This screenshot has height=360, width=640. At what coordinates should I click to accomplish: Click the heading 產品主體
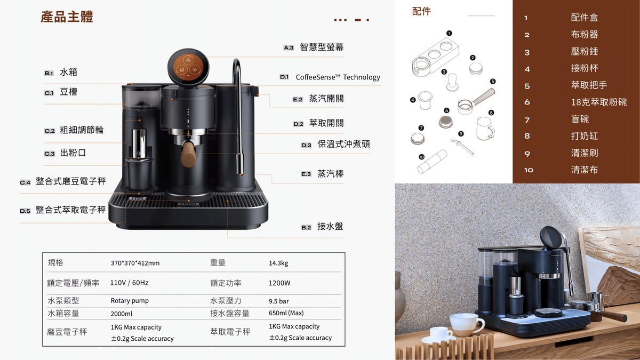[x=67, y=17]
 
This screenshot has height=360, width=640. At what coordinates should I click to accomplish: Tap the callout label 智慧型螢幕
[x=322, y=47]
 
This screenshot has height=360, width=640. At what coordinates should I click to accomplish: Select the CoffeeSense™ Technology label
[x=338, y=77]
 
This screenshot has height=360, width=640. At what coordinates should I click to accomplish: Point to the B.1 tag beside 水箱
[x=49, y=73]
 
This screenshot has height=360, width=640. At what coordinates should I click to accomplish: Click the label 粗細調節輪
[x=82, y=130]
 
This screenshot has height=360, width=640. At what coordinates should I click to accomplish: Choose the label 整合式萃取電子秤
[x=70, y=210]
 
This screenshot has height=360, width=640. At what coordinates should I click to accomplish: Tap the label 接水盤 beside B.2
[x=330, y=227]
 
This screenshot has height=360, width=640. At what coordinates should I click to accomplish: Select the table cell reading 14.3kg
[x=278, y=263]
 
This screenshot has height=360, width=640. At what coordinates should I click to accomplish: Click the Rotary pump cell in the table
[x=130, y=301]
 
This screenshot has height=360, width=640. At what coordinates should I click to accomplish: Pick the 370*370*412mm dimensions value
[x=135, y=263]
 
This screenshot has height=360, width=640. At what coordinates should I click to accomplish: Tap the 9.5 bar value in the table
[x=278, y=301]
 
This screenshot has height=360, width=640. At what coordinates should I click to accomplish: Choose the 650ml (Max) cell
[x=286, y=313]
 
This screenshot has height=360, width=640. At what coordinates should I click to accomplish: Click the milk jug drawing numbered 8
[x=485, y=129]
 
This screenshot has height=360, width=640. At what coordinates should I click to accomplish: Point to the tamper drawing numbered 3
[x=452, y=82]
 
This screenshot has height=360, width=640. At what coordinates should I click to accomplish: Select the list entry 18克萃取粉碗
[x=599, y=102]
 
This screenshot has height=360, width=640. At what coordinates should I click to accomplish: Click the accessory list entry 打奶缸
[x=585, y=136]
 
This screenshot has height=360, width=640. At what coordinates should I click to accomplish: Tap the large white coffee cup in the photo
[x=466, y=325]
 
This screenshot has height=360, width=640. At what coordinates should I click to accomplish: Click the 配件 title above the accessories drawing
[x=421, y=12]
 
